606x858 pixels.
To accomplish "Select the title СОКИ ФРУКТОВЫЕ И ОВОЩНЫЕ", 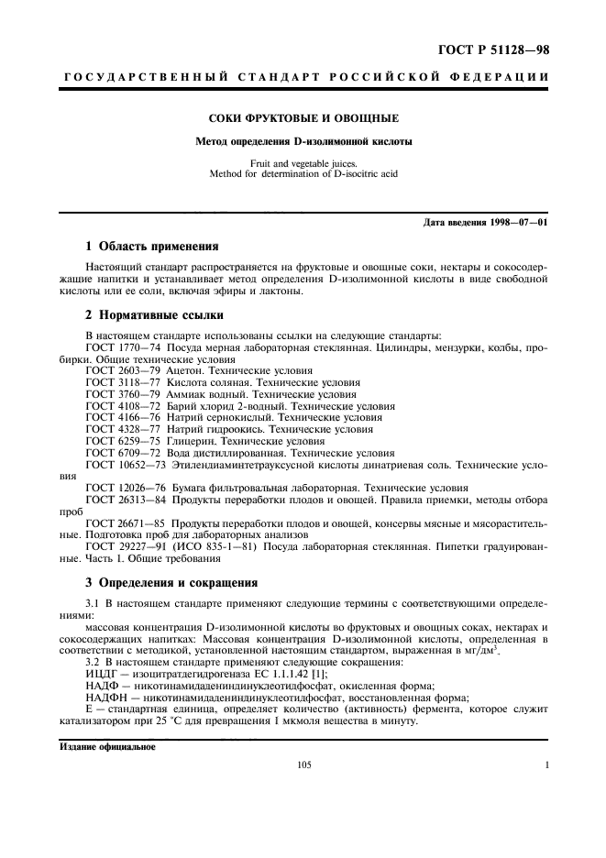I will (303, 118).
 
